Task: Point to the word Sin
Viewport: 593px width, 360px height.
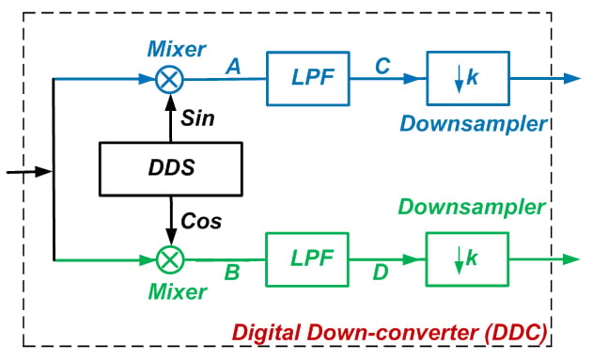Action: tap(197, 118)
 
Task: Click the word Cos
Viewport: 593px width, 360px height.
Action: tap(201, 221)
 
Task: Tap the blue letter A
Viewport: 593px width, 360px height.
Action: tap(234, 67)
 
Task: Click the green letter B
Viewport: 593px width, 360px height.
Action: tap(232, 272)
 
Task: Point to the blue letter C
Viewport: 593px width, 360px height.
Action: tap(382, 66)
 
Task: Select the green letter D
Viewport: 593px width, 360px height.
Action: tap(381, 273)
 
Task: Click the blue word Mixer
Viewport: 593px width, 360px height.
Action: tap(177, 49)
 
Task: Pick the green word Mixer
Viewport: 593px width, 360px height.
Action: tap(178, 291)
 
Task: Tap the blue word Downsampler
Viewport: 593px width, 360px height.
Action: tap(474, 124)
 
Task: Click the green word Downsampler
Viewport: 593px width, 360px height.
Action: tap(472, 207)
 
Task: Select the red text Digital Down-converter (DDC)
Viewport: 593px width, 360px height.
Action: tap(389, 333)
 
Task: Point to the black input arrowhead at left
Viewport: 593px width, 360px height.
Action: tap(44, 171)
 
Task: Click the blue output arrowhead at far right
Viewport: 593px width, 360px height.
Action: tap(571, 78)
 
